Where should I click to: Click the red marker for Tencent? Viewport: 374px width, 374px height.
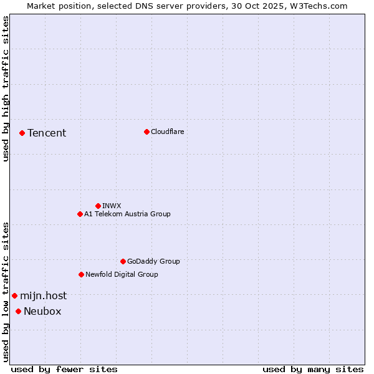22,133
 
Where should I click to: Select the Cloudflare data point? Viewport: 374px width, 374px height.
146,132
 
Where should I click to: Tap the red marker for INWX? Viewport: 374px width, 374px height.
98,206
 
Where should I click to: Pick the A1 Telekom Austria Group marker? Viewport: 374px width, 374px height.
80,214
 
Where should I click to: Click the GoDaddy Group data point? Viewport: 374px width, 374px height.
123,261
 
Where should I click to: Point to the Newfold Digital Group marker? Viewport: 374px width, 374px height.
81,274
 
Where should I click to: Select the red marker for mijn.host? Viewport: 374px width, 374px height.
14,295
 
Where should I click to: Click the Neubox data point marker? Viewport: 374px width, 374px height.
18,311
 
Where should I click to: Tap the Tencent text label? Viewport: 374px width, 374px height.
47,133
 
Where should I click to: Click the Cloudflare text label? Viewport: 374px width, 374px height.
168,132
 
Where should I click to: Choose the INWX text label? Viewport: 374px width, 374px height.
112,206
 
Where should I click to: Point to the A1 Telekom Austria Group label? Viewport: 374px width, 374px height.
127,214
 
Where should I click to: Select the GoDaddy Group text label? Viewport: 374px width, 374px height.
153,261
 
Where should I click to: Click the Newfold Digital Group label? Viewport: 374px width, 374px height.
122,274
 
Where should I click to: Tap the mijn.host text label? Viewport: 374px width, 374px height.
43,295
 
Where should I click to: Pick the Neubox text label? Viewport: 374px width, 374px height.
42,311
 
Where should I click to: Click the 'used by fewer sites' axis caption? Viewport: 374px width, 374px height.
64,369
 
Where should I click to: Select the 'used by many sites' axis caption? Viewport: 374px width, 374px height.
313,369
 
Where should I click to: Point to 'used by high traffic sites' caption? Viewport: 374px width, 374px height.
6,89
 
